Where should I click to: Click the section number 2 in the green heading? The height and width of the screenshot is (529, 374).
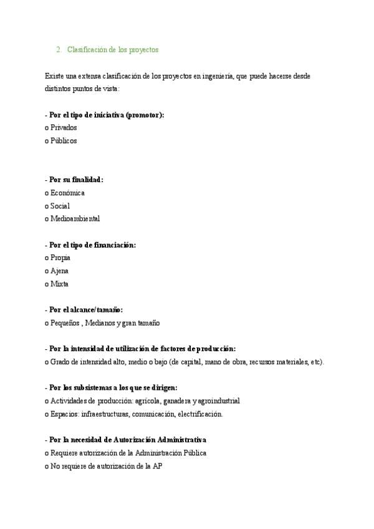[57, 49]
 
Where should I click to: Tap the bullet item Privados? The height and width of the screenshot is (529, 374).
[64, 128]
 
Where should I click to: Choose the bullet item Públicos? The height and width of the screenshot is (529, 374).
[64, 141]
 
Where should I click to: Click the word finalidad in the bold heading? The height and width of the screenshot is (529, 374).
[87, 180]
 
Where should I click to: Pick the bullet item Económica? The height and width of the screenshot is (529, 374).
[67, 193]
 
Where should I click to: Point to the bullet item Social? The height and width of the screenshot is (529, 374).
[60, 206]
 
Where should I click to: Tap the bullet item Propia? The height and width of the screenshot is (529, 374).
[60, 258]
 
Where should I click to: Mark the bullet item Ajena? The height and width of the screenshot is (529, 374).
[60, 271]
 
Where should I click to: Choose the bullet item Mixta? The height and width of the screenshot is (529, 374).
[60, 284]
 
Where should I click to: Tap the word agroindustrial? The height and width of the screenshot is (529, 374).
[219, 401]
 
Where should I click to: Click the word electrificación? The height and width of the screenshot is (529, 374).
[199, 414]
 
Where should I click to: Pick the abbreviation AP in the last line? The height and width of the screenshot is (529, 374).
[158, 466]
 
